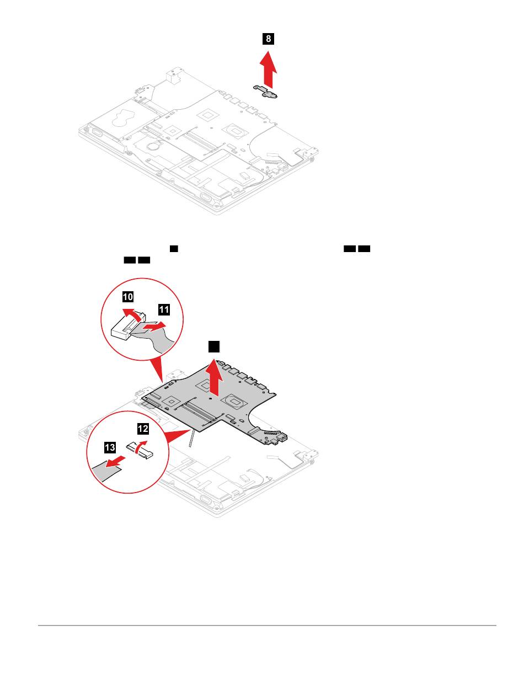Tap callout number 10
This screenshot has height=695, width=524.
pos(127,297)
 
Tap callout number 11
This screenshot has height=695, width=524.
pos(164,310)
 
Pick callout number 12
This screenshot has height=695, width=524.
pos(143,427)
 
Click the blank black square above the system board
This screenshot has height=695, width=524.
pos(214,346)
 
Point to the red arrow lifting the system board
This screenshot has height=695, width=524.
pos(213,375)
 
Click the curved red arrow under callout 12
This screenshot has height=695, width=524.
pos(142,445)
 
